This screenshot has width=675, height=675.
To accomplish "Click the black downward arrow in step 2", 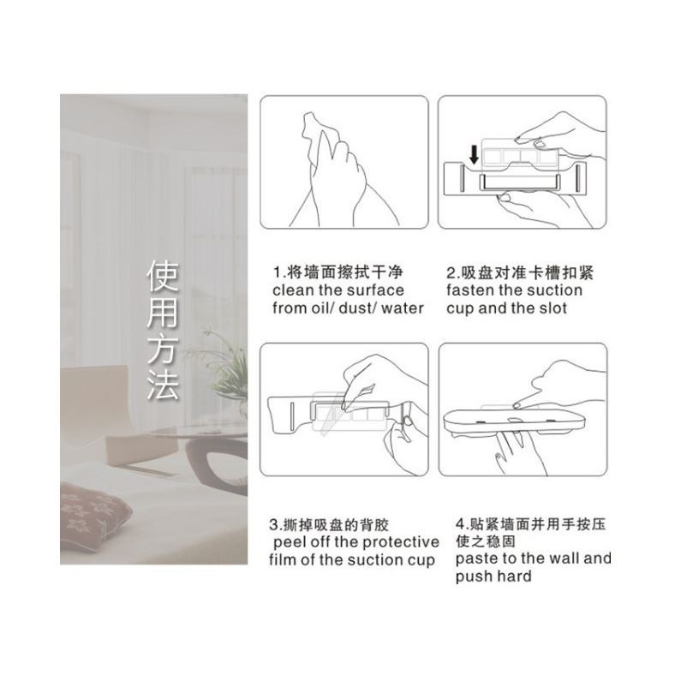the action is (474, 155).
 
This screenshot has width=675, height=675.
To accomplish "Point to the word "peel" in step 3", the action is (290, 542).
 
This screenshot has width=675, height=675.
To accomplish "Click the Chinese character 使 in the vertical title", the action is (163, 277).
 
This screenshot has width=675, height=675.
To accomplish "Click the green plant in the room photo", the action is (224, 366).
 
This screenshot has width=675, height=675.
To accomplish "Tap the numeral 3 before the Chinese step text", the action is (274, 525).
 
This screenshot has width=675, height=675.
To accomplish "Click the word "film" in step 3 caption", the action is (284, 560).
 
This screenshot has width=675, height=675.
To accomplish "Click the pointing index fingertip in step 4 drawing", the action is (517, 405).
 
